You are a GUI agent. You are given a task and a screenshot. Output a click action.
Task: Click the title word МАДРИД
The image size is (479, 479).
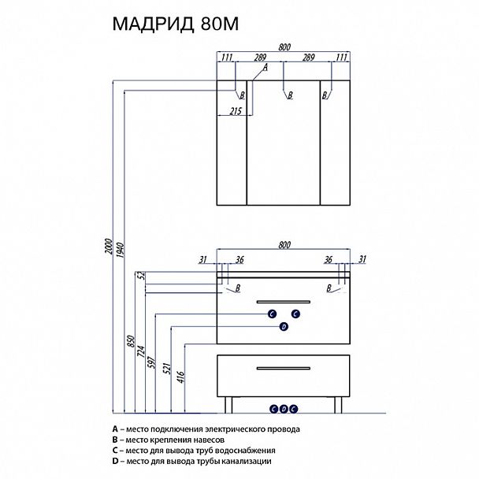tap(149, 24)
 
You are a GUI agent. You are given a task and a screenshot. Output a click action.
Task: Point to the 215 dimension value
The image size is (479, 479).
tap(234, 111)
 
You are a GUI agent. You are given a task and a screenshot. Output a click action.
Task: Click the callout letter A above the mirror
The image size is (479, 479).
tap(265, 68)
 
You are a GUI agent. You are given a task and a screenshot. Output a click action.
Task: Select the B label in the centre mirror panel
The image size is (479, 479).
tap(290, 95)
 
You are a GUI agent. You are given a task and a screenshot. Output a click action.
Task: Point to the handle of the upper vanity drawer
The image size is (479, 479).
tap(284, 300)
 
